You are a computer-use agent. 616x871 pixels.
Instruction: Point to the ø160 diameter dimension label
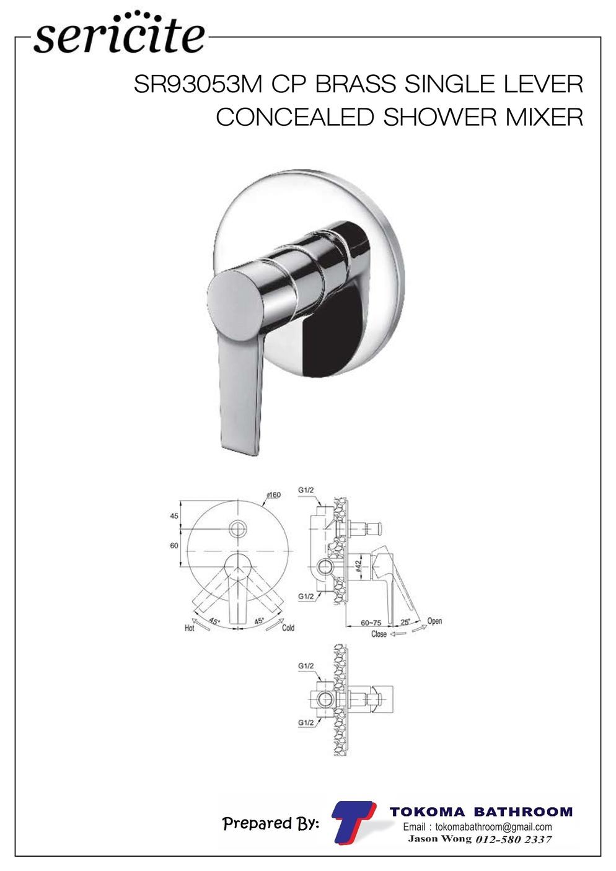pos(274,494)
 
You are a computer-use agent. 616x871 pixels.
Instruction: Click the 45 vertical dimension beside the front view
pos(174,516)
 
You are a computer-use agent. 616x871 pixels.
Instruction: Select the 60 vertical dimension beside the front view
pos(174,546)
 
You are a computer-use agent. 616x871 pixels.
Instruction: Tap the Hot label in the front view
pos(190,628)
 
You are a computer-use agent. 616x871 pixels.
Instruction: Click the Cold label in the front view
pos(288,628)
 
